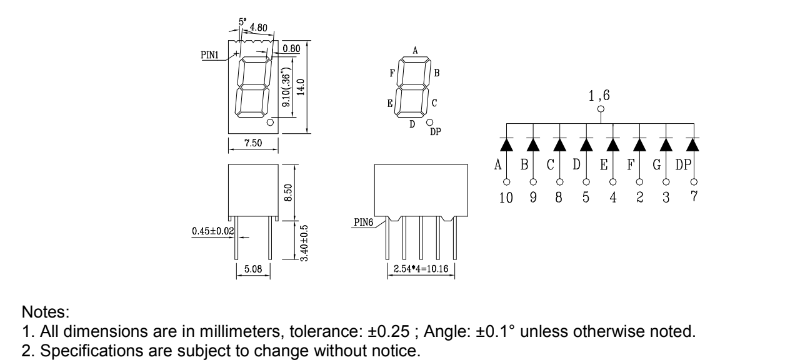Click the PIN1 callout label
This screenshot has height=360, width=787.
(x=210, y=55)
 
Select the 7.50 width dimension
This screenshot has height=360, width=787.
(x=253, y=143)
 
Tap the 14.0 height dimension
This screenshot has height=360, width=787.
(x=301, y=87)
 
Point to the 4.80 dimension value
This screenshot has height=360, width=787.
(x=258, y=28)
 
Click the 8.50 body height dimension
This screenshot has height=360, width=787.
(x=289, y=192)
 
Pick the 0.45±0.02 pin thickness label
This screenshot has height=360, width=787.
(x=213, y=231)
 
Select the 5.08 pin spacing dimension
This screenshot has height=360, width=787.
(x=253, y=269)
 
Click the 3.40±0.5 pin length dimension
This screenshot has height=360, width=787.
(x=304, y=243)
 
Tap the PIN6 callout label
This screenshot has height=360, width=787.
(x=363, y=222)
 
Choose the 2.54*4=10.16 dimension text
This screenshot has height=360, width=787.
(x=421, y=269)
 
